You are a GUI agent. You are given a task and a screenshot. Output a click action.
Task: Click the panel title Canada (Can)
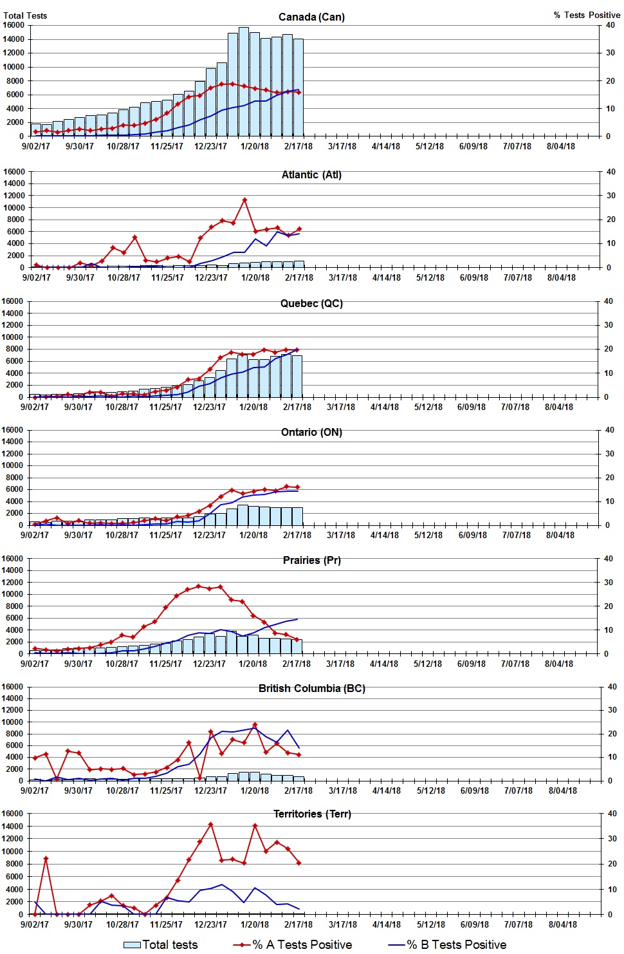point(311,17)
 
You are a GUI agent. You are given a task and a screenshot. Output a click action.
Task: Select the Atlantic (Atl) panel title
point(311,174)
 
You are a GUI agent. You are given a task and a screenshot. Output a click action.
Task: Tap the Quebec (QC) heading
point(311,303)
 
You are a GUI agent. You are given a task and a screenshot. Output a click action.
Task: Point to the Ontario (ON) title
point(311,432)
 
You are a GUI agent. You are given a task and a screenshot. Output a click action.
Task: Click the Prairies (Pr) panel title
point(311,560)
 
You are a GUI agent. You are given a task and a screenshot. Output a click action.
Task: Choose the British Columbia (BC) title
point(311,688)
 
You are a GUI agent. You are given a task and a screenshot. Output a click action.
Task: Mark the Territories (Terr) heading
point(311,814)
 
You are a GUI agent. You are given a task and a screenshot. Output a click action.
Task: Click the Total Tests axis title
point(25,15)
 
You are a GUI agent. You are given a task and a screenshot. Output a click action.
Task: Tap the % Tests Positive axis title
point(587,15)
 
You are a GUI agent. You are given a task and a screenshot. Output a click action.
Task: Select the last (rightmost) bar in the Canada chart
point(298,88)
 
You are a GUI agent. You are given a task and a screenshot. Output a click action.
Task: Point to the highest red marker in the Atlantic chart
point(244,200)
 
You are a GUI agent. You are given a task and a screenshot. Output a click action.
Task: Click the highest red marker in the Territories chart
point(210,825)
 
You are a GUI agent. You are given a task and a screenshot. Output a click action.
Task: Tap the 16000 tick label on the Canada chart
point(14,25)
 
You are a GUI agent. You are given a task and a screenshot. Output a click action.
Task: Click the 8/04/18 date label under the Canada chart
point(561,146)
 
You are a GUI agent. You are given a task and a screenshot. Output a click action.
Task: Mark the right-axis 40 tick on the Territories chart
point(612,814)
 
